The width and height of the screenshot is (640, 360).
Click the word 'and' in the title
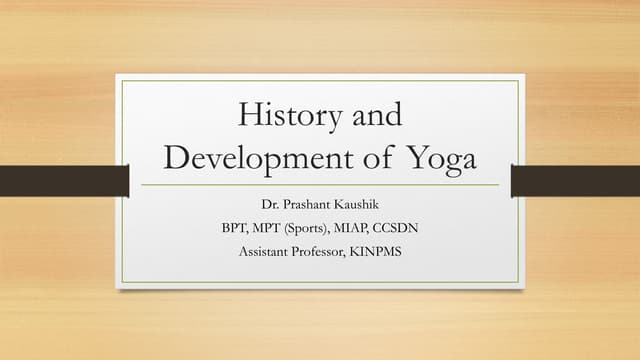click(377, 115)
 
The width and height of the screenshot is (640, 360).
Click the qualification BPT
click(235, 228)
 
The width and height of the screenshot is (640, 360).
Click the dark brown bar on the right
click(575, 181)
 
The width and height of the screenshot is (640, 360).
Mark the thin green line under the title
click(320, 185)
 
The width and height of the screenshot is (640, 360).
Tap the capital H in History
click(249, 115)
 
